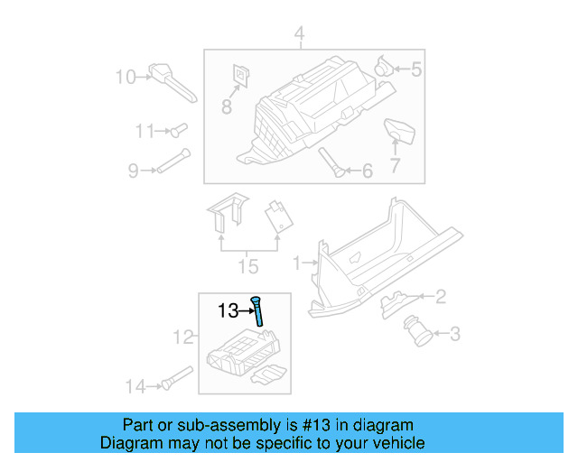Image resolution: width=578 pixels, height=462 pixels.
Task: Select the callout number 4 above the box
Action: [299, 36]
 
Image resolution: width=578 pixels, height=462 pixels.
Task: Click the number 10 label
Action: [125, 77]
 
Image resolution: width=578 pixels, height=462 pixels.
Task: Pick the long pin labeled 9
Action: [172, 162]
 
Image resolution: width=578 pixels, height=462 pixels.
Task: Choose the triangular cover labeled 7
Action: [397, 132]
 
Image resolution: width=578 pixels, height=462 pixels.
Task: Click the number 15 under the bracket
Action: [247, 267]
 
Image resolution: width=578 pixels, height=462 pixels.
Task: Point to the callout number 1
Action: [295, 263]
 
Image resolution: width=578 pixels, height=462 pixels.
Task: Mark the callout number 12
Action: [183, 337]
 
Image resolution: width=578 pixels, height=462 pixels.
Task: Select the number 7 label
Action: [394, 165]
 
